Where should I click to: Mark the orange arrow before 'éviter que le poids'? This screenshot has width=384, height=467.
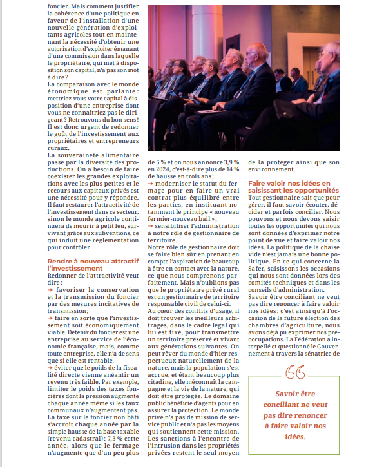coord(51,366)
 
